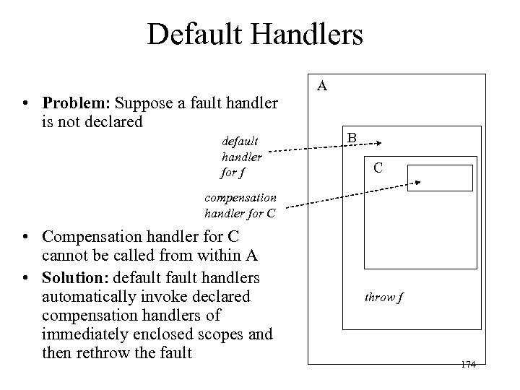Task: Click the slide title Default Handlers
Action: pos(255,34)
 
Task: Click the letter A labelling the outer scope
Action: pos(323,87)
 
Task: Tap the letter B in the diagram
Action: pos(352,137)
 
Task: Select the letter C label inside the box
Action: pos(377,169)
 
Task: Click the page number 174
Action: pos(467,365)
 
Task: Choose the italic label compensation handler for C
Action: pos(240,204)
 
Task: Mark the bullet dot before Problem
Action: pos(25,104)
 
